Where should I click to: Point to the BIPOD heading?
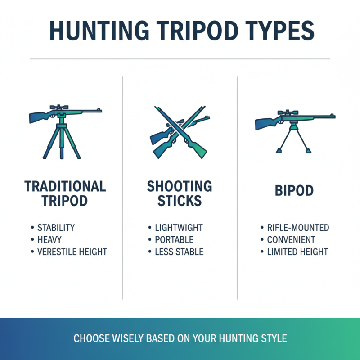(x=294, y=190)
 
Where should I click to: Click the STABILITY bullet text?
(x=56, y=228)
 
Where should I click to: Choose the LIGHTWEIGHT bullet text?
(x=179, y=228)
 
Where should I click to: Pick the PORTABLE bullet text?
(x=174, y=240)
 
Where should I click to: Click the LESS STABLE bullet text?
(x=179, y=252)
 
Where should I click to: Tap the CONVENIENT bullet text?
(x=291, y=240)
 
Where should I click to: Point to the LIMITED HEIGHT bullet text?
(x=297, y=252)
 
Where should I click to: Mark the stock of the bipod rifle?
(x=263, y=124)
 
